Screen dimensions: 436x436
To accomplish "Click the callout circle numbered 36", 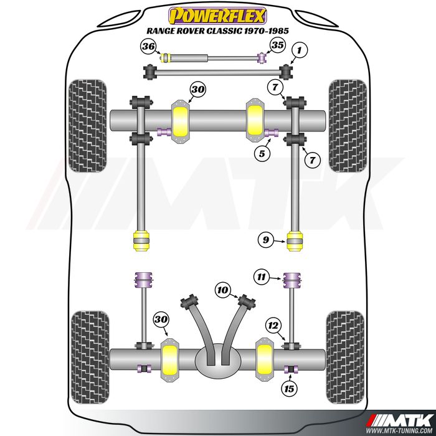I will (149, 47).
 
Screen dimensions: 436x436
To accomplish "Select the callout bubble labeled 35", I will (277, 45).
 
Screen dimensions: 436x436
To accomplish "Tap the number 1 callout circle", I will (300, 49).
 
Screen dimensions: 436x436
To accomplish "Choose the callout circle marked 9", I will (265, 238).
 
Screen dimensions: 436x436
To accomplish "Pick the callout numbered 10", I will (223, 290).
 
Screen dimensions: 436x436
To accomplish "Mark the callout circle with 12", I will (272, 325).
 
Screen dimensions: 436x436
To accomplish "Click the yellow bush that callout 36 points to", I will (166, 59).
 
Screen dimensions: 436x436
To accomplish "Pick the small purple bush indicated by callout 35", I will (262, 59).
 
